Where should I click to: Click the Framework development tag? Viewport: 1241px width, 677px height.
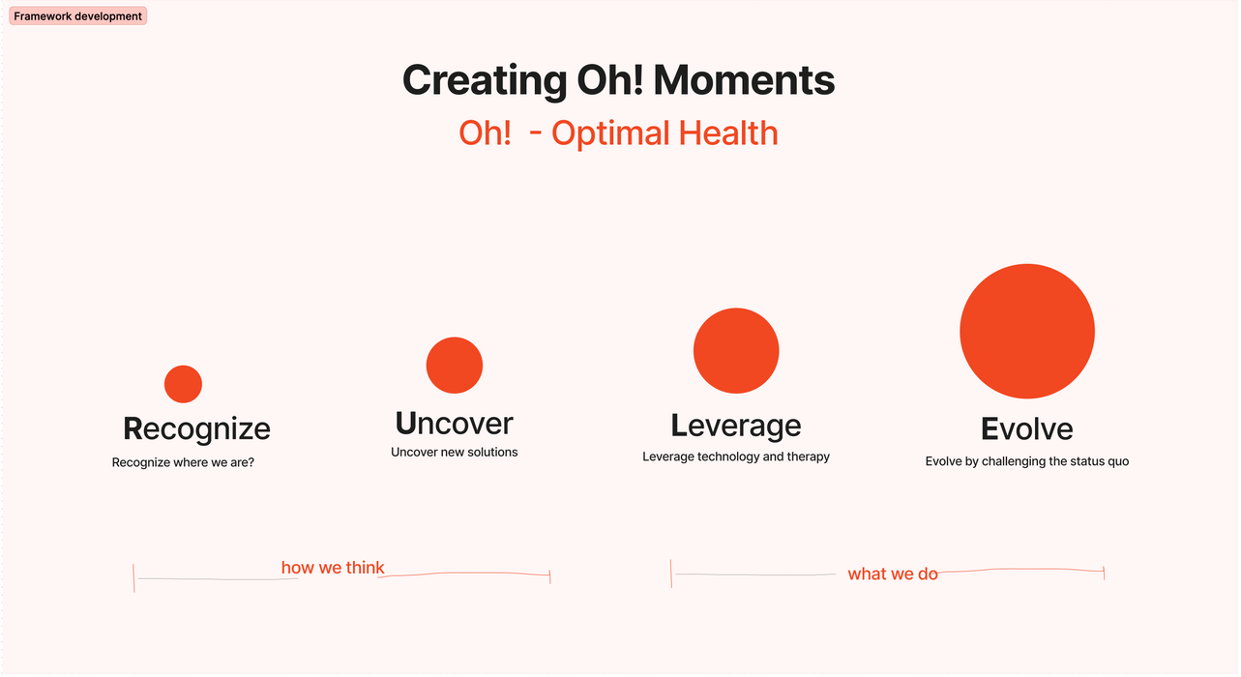coord(78,16)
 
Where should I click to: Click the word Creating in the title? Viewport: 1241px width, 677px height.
coord(485,81)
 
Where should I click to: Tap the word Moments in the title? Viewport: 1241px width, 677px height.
coord(744,80)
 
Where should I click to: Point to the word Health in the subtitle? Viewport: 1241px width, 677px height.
coord(728,132)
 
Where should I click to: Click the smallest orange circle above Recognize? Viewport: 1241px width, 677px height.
coord(184,384)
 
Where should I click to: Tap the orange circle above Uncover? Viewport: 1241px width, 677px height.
coord(455,365)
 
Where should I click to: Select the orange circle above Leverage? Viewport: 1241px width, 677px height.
coord(736,351)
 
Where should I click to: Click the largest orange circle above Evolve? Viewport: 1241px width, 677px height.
coord(1027,332)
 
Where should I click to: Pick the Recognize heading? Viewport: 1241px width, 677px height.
coord(196,429)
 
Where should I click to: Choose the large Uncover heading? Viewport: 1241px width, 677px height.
coord(455,424)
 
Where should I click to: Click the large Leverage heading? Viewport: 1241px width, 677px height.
coord(736,427)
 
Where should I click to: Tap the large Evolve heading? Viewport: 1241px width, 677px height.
coord(1026,428)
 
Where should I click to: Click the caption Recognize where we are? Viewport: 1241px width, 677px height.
coord(183,462)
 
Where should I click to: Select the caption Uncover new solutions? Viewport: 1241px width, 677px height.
coord(455,452)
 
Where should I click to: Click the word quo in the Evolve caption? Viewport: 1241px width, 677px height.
coord(1117,461)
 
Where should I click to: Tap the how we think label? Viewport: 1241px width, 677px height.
coord(333,568)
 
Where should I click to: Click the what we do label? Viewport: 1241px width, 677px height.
coord(893,574)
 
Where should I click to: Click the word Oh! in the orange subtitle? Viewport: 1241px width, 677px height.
coord(485,132)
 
